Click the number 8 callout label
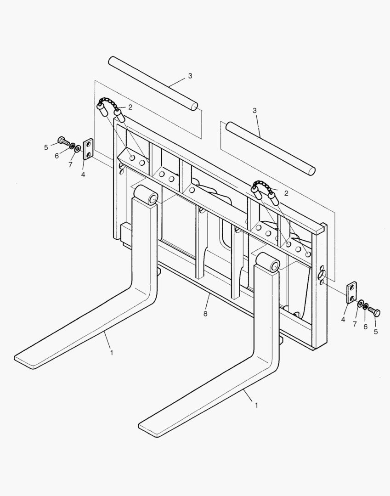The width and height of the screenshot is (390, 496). click(x=205, y=314)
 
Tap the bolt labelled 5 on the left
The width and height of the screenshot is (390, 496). click(x=63, y=140)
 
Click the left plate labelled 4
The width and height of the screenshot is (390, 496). click(x=88, y=149)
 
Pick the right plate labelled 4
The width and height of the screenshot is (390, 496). click(x=351, y=293)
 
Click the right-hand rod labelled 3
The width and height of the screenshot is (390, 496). click(x=270, y=148)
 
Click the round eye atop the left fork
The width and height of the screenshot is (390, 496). click(x=149, y=195)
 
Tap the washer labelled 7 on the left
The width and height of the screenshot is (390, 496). click(x=79, y=149)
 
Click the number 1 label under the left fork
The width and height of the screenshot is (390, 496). click(x=111, y=353)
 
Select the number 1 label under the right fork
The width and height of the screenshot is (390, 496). click(x=256, y=406)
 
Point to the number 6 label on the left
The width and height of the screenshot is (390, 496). click(x=57, y=156)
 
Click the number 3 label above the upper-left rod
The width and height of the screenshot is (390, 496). click(x=190, y=76)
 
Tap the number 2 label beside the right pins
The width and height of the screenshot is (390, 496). click(x=286, y=193)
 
